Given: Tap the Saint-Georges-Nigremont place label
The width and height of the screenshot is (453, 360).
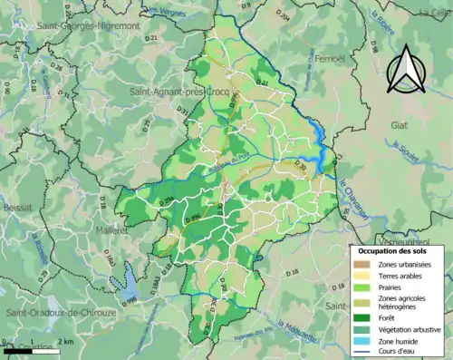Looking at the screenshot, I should pyautogui.click(x=89, y=26).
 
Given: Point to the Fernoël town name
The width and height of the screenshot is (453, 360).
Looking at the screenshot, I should pyautogui.click(x=333, y=59).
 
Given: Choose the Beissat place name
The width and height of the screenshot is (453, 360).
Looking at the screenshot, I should pyautogui.click(x=17, y=207).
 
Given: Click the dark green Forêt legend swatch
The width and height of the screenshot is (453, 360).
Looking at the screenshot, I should pyautogui.click(x=361, y=318).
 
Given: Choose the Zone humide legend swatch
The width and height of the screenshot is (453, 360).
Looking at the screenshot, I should pyautogui.click(x=361, y=341).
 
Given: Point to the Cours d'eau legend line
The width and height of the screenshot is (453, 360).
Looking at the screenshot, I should pyautogui.click(x=361, y=352).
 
